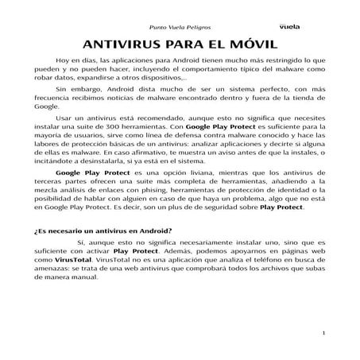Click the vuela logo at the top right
[288, 25]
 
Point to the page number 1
[326, 331]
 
